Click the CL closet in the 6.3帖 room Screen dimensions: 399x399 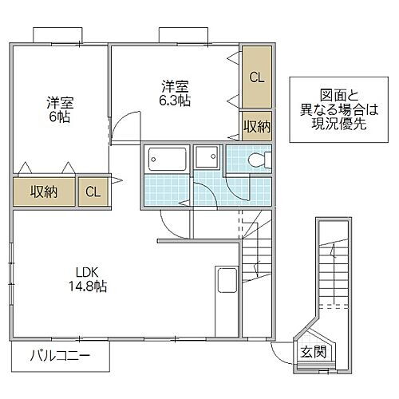(x=256, y=78)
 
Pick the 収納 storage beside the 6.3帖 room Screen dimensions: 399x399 (x=256, y=126)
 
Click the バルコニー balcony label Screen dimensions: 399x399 (x=61, y=355)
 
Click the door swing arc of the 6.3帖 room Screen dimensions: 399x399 (x=120, y=126)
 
